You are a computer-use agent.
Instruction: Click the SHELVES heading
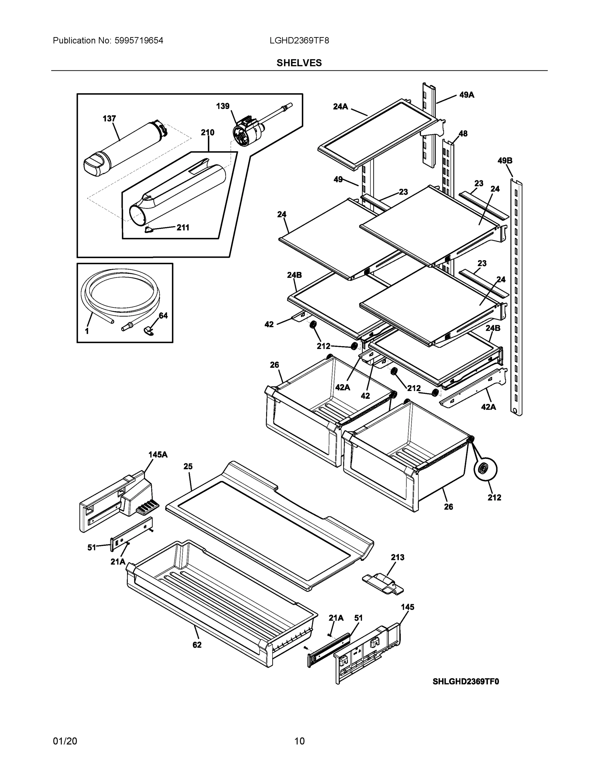click(299, 63)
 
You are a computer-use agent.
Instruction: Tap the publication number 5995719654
click(139, 40)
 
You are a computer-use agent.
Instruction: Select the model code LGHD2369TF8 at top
click(299, 40)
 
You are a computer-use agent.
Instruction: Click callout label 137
click(109, 119)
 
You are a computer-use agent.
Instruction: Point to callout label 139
click(223, 106)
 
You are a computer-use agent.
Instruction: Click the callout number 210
click(208, 132)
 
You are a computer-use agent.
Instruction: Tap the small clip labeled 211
click(149, 230)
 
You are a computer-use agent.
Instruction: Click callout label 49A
click(467, 95)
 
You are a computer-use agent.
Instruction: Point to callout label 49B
click(505, 161)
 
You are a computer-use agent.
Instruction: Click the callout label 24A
click(340, 106)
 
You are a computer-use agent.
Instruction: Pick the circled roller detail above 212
click(485, 469)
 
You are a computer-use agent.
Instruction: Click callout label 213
click(398, 557)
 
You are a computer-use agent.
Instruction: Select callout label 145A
click(158, 455)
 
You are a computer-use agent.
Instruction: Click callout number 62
click(197, 645)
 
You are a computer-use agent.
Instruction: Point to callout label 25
click(188, 466)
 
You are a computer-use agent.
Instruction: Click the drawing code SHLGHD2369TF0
click(466, 681)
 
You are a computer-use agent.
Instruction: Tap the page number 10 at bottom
click(299, 741)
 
